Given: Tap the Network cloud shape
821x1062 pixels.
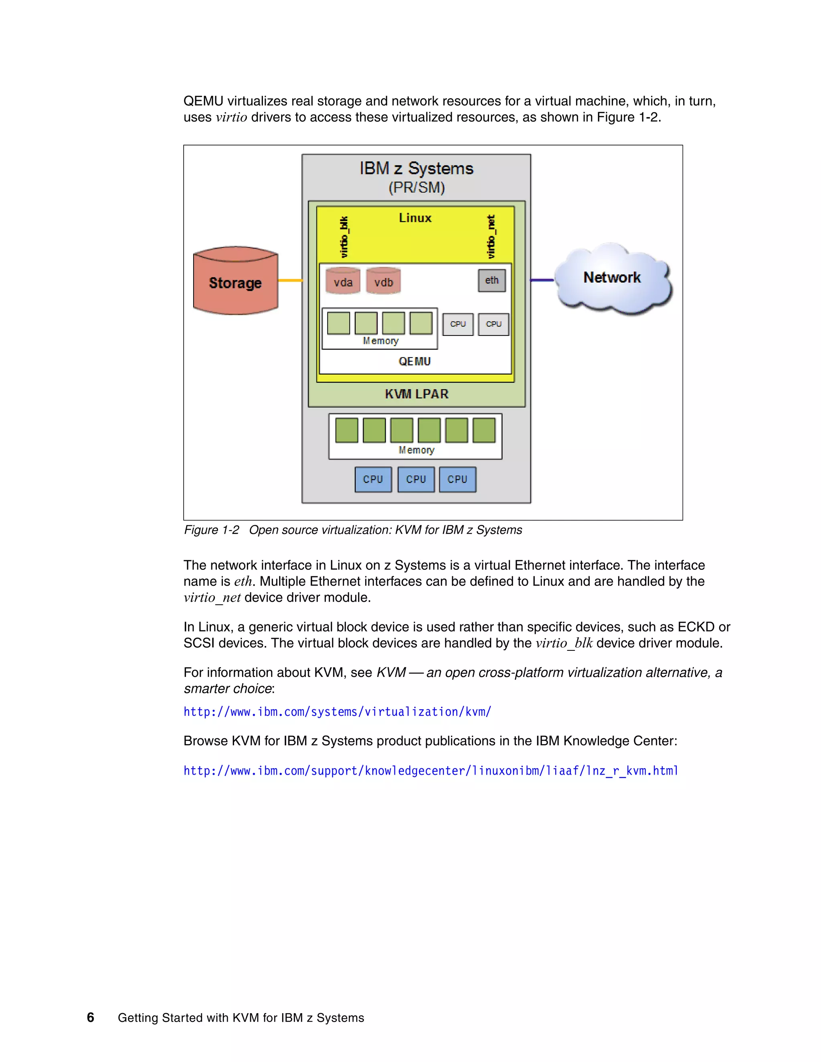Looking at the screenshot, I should (613, 278).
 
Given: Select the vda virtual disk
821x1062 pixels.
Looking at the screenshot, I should (343, 282).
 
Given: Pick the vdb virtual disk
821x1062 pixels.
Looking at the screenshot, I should (383, 282).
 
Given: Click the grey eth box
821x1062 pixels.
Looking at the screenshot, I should (492, 281).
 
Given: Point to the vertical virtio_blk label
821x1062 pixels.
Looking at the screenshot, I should (344, 237).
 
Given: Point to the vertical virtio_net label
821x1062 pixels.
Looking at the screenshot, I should (491, 237).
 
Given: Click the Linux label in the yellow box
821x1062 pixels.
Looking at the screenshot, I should (415, 218).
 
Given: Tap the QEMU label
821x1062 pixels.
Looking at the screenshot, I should (415, 361).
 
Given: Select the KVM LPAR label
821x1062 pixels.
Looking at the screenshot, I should (417, 394).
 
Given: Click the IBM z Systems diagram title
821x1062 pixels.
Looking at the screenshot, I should (417, 168).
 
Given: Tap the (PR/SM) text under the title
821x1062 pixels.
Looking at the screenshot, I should (417, 187).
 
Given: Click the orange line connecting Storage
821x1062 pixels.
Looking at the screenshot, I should (290, 281).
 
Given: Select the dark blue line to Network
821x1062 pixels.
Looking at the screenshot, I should (542, 280).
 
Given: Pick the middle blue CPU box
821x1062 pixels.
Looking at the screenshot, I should (416, 479).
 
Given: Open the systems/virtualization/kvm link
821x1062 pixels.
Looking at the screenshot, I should (337, 712).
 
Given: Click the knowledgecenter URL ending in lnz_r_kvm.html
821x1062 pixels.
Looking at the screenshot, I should (431, 771).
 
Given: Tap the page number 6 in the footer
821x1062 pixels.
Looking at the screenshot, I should (91, 1017).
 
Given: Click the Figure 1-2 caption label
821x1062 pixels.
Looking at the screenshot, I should (212, 530).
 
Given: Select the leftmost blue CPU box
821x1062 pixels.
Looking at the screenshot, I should (373, 479).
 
